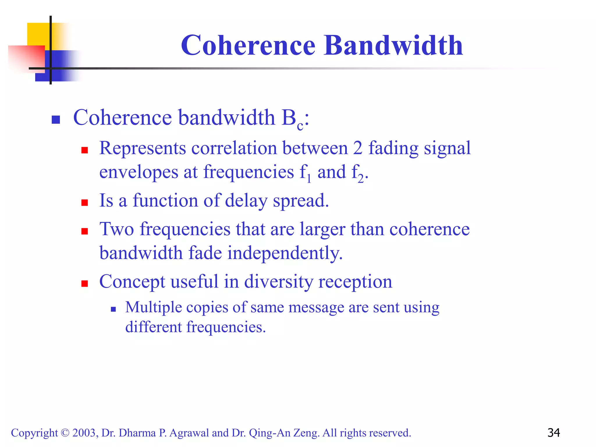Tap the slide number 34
pos(554,433)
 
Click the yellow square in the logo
pos(38,33)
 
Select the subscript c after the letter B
pos(300,126)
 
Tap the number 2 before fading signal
pos(358,148)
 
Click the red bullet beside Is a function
pos(85,203)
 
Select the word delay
pos(246,201)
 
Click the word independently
pos(285,253)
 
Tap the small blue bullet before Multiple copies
pos(113,309)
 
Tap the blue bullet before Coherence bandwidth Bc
pos(56,120)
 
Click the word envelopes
pos(139,172)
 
